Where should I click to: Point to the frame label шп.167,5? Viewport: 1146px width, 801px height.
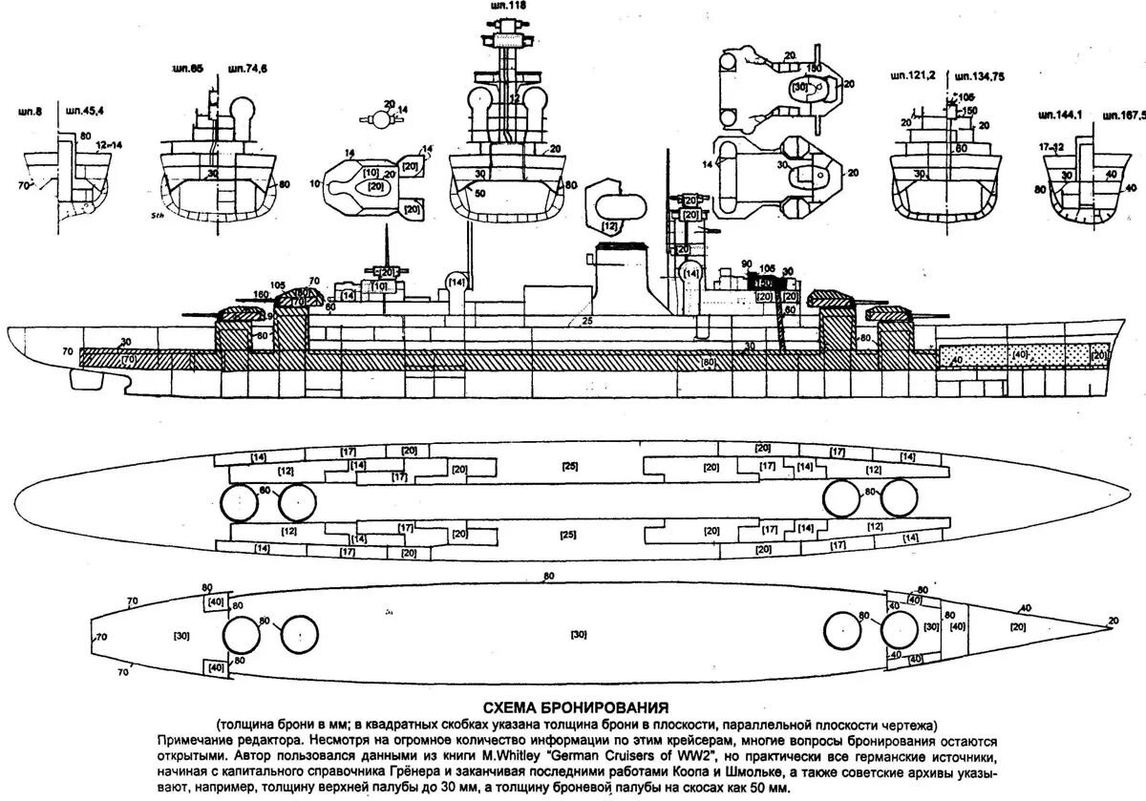tap(1122, 115)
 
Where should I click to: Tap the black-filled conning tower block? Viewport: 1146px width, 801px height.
tap(763, 284)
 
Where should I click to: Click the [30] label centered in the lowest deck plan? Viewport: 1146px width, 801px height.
tap(577, 634)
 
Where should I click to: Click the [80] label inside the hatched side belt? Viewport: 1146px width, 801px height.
tap(708, 362)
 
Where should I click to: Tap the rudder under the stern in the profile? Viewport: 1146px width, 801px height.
tap(82, 379)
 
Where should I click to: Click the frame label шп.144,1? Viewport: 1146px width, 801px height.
tap(1057, 115)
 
